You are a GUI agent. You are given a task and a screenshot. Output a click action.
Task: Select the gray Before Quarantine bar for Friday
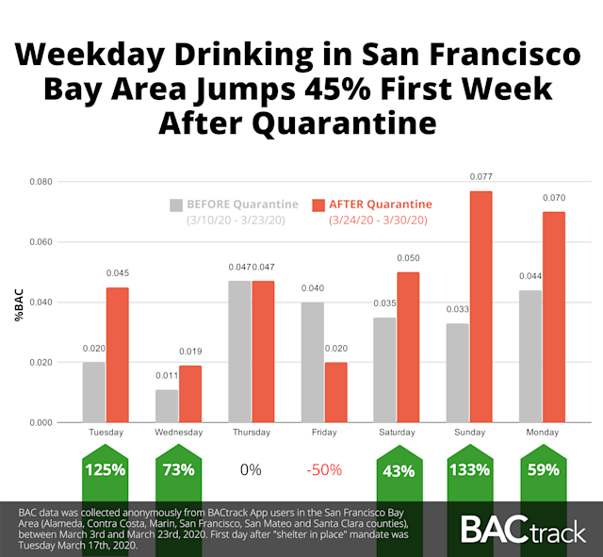click(313, 362)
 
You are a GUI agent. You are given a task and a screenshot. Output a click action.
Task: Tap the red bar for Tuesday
click(118, 354)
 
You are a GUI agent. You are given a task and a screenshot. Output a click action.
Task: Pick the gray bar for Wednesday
click(167, 405)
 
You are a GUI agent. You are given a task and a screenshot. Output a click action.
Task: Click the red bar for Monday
click(554, 317)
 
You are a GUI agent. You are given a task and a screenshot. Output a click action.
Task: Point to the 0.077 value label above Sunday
click(481, 176)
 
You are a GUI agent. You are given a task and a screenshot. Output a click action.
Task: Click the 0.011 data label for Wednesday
click(167, 376)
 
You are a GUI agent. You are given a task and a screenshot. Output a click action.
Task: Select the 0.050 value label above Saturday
click(408, 258)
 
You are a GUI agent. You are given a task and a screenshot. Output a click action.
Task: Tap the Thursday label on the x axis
click(252, 432)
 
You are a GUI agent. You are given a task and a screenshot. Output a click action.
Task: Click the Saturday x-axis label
click(397, 432)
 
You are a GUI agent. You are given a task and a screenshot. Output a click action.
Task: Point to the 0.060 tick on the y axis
click(41, 241)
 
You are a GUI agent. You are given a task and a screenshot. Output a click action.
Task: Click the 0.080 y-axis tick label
click(41, 181)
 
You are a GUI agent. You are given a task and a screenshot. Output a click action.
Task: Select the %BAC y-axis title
click(19, 309)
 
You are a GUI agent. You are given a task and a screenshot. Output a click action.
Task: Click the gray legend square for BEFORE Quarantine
click(176, 205)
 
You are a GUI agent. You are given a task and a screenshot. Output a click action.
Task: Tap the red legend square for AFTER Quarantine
click(318, 205)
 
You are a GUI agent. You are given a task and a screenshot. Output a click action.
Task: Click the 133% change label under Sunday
click(470, 469)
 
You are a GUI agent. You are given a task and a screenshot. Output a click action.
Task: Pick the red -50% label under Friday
click(324, 469)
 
